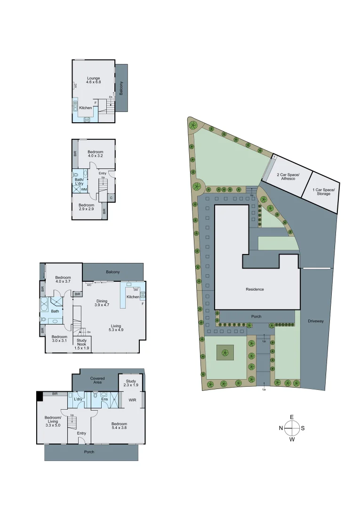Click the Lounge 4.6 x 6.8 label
[x=94, y=80]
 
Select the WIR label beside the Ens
[x=132, y=400]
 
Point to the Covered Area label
[x=97, y=380]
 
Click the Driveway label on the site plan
[x=316, y=321]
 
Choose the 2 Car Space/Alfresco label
[x=288, y=177]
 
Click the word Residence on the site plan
[x=255, y=289]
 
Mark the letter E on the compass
[x=292, y=417]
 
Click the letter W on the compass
[x=292, y=439]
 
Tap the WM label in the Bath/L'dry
[x=84, y=190]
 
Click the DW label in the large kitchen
[x=136, y=289]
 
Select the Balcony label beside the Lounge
[x=121, y=88]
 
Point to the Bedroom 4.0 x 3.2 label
[x=95, y=153]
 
